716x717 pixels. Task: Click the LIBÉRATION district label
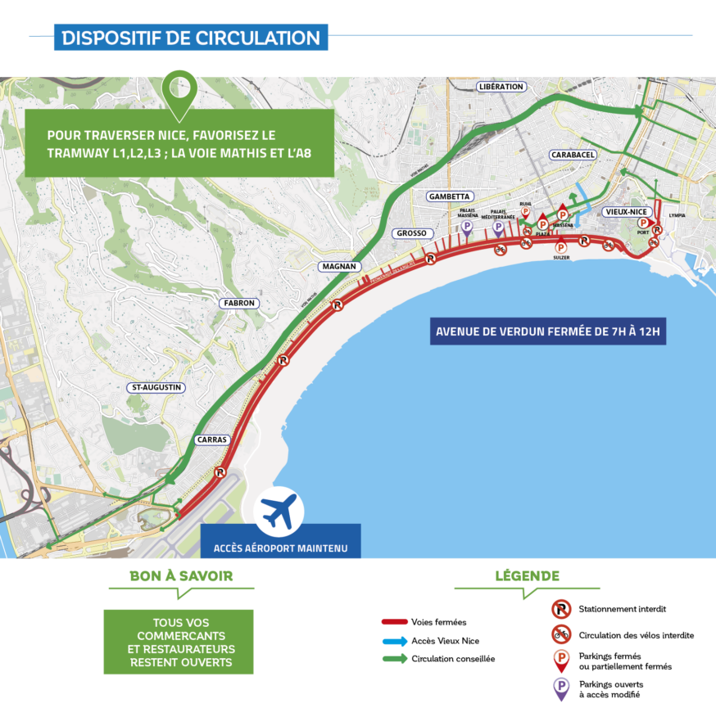coord(501,87)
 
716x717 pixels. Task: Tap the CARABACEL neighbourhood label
coord(573,155)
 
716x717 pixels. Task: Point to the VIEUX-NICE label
coord(627,211)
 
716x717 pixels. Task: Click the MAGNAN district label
coord(340,267)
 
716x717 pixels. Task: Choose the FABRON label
coord(239,303)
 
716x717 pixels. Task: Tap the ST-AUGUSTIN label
coord(156,387)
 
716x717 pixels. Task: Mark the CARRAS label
coord(212,440)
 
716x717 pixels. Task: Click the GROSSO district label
coord(410,233)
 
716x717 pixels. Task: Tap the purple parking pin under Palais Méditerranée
coord(498,228)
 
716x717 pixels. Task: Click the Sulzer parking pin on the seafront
coord(561,248)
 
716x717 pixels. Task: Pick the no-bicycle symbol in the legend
coord(561,634)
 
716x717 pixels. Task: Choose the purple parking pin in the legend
coord(561,688)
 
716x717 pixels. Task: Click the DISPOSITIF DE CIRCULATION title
coord(191,38)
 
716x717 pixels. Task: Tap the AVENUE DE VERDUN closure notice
coord(548,332)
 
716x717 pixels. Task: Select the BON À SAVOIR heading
coord(181,576)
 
